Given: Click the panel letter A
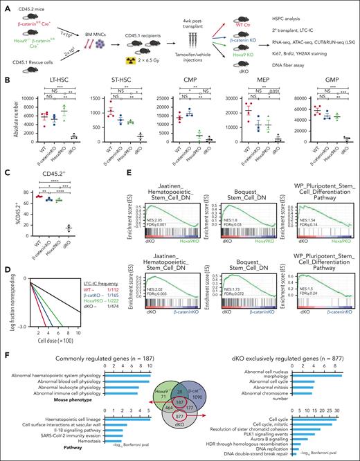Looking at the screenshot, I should coord(6,6).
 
